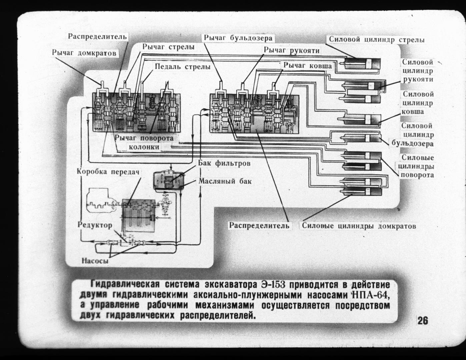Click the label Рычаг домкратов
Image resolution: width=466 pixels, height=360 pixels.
pyautogui.click(x=84, y=53)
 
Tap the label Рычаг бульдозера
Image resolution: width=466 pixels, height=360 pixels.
pyautogui.click(x=238, y=38)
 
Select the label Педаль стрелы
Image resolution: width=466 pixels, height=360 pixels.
pyautogui.click(x=182, y=67)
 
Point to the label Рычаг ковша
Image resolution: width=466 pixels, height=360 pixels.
pyautogui.click(x=308, y=66)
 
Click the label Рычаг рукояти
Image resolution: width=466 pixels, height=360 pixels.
pyautogui.click(x=291, y=51)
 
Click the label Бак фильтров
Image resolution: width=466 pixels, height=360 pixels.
pyautogui.click(x=224, y=163)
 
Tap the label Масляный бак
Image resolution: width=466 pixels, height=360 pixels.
pyautogui.click(x=225, y=181)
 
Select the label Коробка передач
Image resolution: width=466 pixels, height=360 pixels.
pyautogui.click(x=108, y=172)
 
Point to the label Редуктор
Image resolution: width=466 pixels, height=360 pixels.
pyautogui.click(x=95, y=225)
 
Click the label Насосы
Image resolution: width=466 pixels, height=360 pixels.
pyautogui.click(x=95, y=261)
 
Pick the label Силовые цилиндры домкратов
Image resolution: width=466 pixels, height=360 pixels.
pyautogui.click(x=359, y=226)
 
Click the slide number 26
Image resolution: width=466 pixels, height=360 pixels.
pyautogui.click(x=423, y=321)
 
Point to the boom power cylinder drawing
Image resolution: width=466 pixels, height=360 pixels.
pyautogui.click(x=362, y=64)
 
